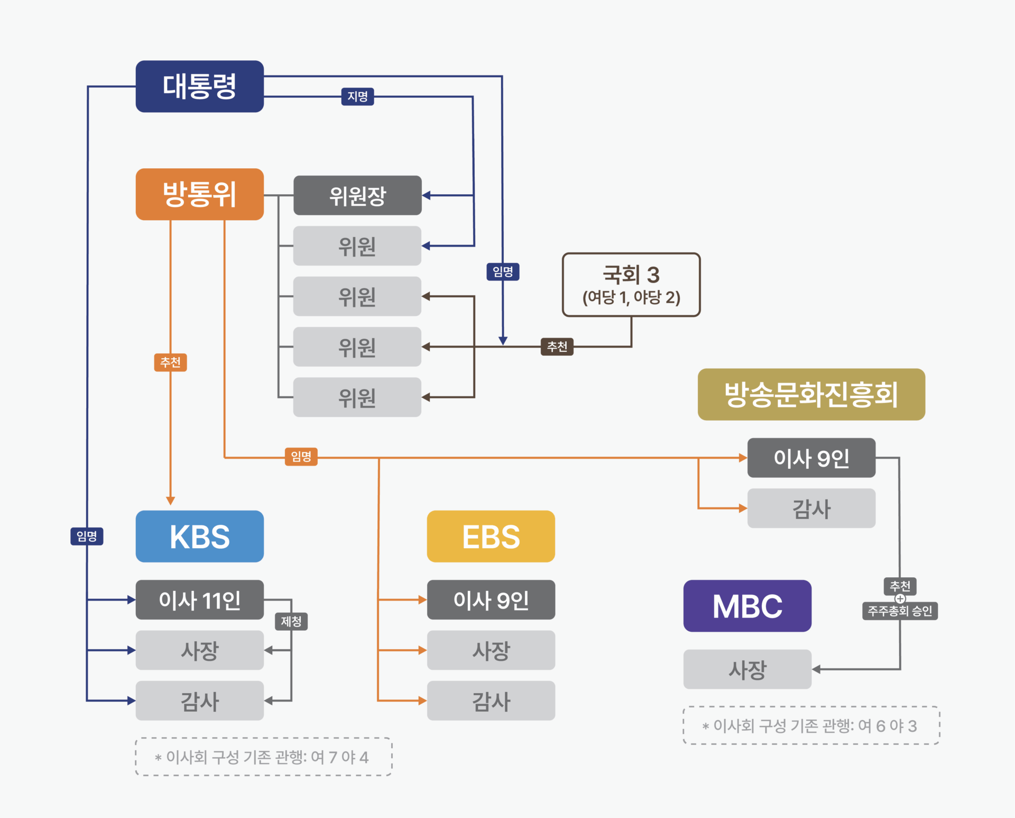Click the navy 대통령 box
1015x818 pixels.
(x=199, y=86)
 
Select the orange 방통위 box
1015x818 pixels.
(x=199, y=194)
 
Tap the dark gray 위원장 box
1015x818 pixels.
(x=357, y=195)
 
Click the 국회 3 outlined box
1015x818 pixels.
(x=631, y=285)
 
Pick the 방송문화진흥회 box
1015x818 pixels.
(x=811, y=395)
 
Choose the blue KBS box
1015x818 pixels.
(x=199, y=537)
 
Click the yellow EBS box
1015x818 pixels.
(x=491, y=537)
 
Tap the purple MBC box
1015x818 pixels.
(x=747, y=606)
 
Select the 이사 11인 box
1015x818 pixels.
(x=199, y=600)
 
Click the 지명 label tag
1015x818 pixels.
(x=357, y=97)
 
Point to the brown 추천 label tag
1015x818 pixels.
(x=557, y=347)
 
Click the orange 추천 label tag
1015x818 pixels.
(x=170, y=362)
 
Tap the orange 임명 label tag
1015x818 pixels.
(x=301, y=456)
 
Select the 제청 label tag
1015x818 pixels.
(x=291, y=621)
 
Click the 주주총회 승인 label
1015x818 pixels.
(x=900, y=611)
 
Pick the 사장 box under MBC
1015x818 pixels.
(x=747, y=669)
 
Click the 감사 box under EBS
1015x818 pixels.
(x=491, y=701)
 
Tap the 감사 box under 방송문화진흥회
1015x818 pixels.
(x=811, y=508)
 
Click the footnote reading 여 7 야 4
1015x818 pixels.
(x=263, y=757)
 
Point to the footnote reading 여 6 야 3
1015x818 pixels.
(x=811, y=725)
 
